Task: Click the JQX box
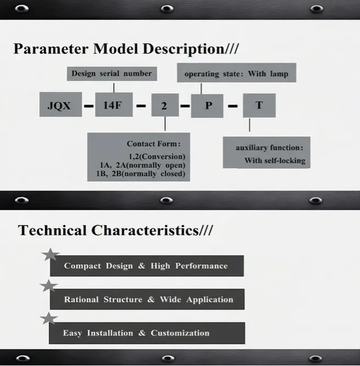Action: point(59,105)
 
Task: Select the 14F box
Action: point(114,105)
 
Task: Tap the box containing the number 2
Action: point(165,105)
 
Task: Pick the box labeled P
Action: point(207,105)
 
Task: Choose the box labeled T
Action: point(259,105)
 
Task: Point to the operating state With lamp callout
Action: point(236,74)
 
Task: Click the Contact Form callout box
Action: point(138,157)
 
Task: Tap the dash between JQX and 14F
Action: point(89,105)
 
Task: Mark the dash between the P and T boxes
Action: point(233,105)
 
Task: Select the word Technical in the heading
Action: point(53,230)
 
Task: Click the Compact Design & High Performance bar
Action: point(147,266)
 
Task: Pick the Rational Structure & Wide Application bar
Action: point(147,300)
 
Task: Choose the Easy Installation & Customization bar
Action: point(147,333)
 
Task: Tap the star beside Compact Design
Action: point(50,254)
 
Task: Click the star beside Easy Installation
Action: point(49,319)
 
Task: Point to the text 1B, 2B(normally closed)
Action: point(140,174)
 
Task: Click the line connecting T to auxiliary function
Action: point(250,125)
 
